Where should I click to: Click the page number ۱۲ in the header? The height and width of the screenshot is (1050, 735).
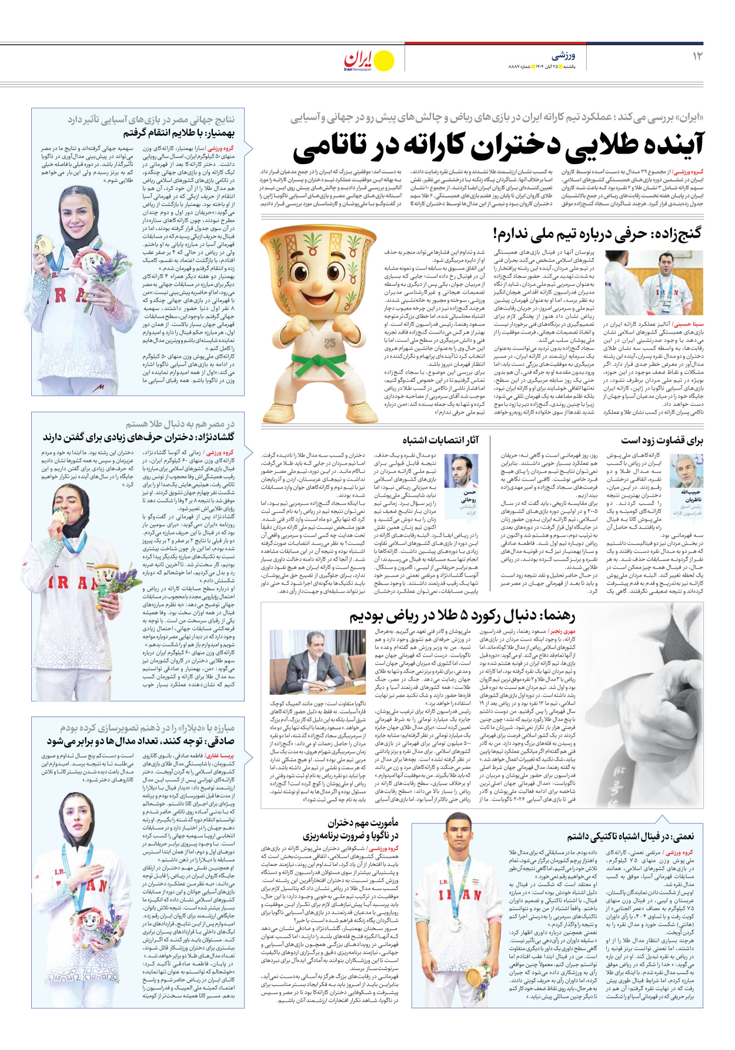click(x=697, y=56)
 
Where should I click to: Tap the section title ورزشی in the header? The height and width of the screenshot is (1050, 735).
click(x=563, y=56)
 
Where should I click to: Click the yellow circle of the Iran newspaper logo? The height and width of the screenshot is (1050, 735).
click(x=384, y=61)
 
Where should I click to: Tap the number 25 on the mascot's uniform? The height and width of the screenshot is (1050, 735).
click(x=329, y=343)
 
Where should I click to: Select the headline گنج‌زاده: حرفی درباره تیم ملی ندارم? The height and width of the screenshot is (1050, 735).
click(x=597, y=234)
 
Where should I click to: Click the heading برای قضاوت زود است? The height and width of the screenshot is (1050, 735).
click(x=661, y=440)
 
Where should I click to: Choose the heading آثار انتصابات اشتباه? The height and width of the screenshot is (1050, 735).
click(x=440, y=440)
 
